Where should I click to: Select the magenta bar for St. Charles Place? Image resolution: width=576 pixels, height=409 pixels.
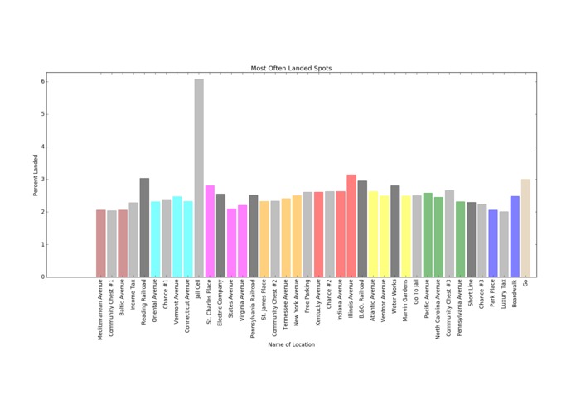[210, 231]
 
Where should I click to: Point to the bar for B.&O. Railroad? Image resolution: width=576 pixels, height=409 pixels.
[362, 240]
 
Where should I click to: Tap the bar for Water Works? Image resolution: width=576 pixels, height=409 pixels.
[394, 231]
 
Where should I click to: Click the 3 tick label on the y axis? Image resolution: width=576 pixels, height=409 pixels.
[42, 180]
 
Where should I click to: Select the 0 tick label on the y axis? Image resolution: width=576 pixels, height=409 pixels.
[42, 277]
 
